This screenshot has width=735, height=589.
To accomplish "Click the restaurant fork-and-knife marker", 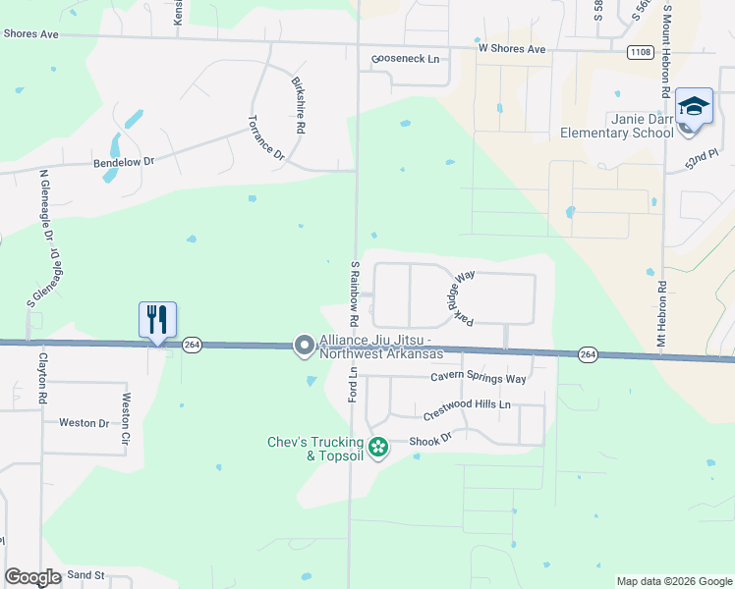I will [x=157, y=319].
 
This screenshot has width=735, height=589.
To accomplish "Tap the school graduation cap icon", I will [x=694, y=106].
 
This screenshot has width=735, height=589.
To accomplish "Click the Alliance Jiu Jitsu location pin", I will [x=304, y=346].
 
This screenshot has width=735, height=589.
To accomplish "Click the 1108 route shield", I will [x=640, y=51].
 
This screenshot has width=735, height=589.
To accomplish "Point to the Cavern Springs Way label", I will [x=479, y=378].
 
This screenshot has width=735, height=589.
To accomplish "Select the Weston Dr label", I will [x=84, y=423].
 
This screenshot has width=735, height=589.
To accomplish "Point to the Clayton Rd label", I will [x=42, y=379].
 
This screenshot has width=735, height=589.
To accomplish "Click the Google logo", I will [x=32, y=577].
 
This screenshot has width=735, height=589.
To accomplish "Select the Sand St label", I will [x=85, y=573].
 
